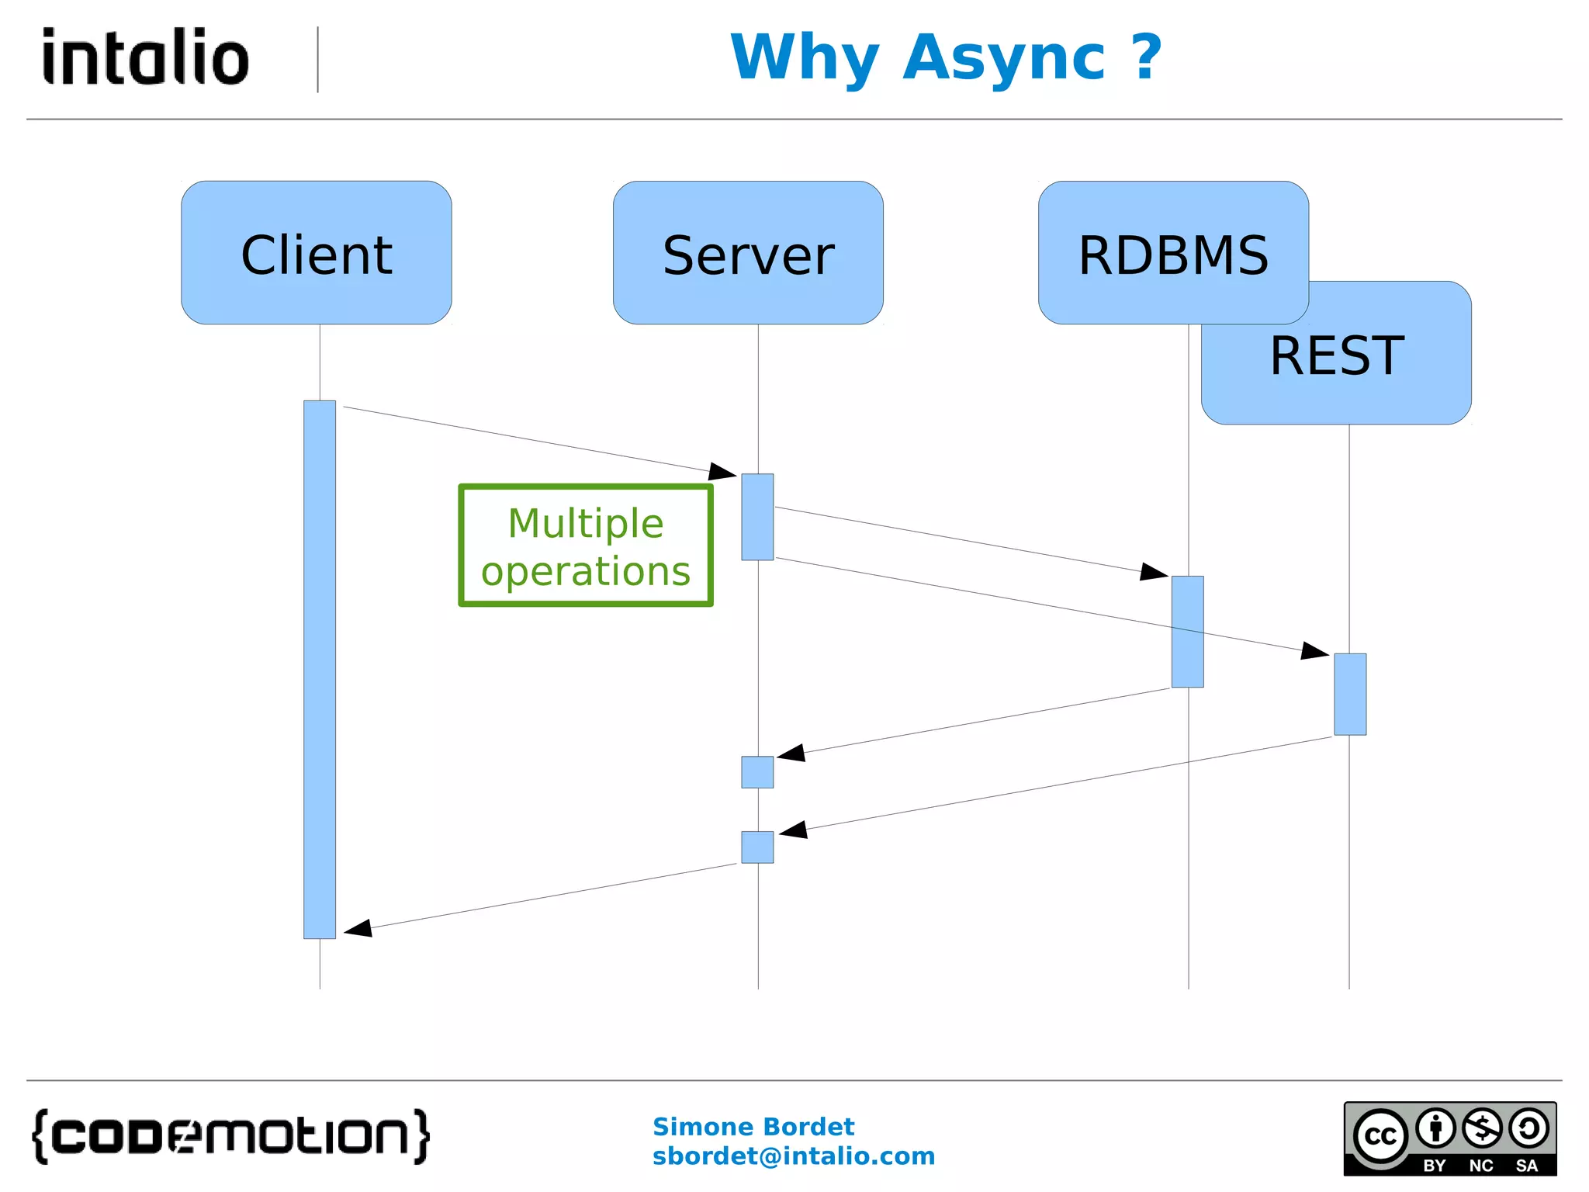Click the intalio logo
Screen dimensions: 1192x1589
(146, 57)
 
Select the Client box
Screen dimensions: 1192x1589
(317, 253)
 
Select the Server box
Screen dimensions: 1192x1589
(748, 253)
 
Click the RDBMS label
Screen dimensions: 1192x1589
(1173, 255)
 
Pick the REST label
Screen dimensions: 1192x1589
(1337, 356)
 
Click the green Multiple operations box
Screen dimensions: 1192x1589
(586, 546)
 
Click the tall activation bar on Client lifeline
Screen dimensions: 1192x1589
(320, 669)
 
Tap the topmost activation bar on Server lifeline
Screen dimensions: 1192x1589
(757, 517)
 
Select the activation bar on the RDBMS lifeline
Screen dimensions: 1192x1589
(1187, 631)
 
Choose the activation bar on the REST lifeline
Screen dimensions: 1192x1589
(1350, 694)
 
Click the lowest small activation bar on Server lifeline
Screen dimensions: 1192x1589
(757, 847)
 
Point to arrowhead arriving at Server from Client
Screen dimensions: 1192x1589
(723, 471)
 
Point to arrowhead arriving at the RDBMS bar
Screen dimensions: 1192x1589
(1155, 573)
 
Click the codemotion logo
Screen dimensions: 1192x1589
(230, 1136)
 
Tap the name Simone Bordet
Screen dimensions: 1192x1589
(753, 1126)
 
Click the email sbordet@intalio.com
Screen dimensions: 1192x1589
(793, 1156)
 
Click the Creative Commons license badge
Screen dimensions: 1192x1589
(1449, 1138)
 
